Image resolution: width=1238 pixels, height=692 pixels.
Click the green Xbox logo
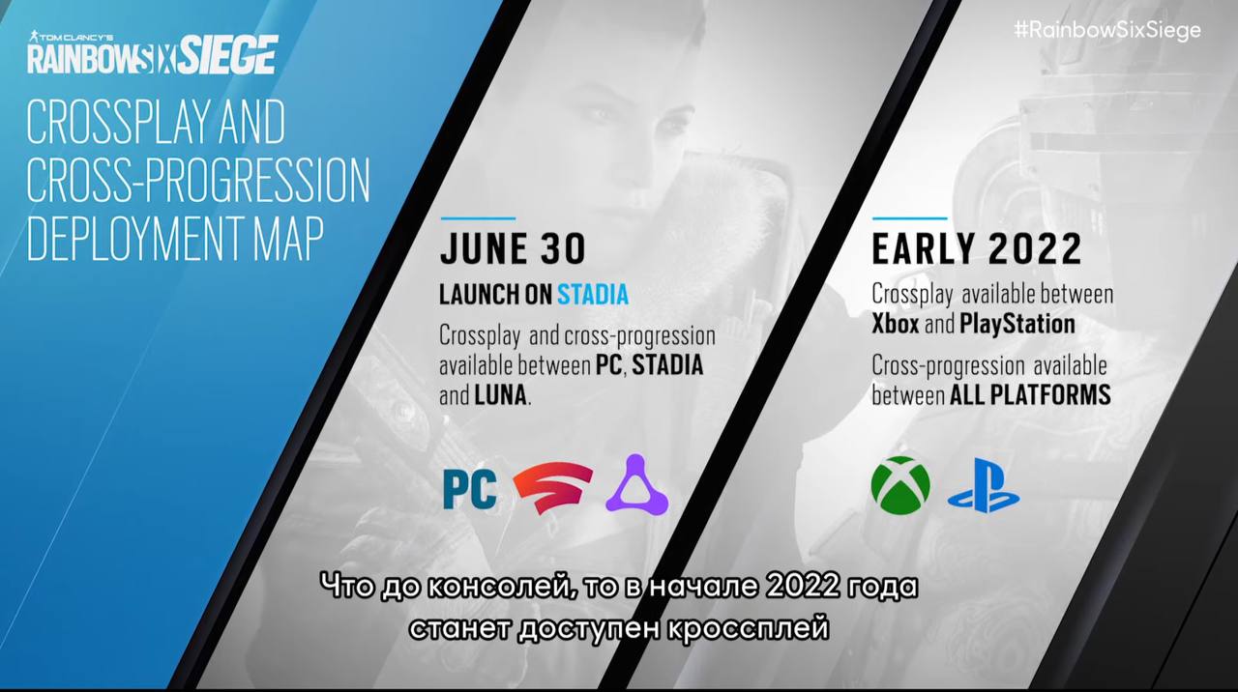[900, 486]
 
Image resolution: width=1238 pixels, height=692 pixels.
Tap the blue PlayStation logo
[984, 486]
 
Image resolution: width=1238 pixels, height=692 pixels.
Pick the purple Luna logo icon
[637, 485]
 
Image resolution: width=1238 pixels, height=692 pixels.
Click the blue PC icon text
[470, 489]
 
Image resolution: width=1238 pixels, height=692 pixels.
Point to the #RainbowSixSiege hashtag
[1107, 31]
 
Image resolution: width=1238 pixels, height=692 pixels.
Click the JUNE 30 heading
[513, 249]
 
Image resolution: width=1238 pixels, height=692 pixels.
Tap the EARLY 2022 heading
[977, 249]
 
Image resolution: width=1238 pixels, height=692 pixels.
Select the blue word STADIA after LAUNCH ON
[593, 295]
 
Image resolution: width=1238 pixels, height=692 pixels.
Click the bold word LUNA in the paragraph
[500, 395]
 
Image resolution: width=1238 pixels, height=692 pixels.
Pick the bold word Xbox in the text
[896, 324]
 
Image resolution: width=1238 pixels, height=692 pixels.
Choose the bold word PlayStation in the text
[1017, 325]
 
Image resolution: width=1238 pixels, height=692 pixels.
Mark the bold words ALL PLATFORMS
[1030, 395]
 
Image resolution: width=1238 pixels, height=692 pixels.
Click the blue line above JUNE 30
[478, 218]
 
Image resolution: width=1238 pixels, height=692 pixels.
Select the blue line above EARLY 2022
[910, 218]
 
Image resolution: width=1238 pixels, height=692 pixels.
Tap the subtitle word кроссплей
[748, 629]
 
